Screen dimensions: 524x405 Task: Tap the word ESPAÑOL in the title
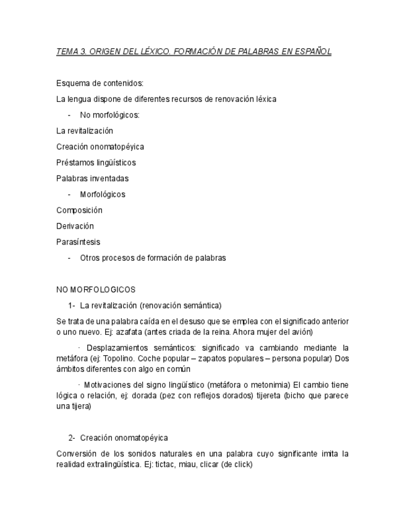(x=313, y=52)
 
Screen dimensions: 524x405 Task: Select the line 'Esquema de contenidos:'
(x=100, y=83)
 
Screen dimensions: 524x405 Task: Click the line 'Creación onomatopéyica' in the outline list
(x=100, y=147)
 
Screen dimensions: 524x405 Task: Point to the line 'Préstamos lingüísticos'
(x=96, y=163)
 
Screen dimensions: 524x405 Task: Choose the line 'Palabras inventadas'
(x=92, y=179)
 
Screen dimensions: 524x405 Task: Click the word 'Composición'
(x=79, y=210)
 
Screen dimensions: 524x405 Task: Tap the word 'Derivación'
(x=75, y=226)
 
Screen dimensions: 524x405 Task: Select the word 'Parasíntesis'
(x=78, y=242)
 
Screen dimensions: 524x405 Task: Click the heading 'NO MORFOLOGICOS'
(x=96, y=289)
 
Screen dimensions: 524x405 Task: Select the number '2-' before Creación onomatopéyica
(x=72, y=438)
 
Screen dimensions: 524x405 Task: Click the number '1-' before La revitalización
(x=72, y=305)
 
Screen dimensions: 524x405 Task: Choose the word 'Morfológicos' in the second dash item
(x=103, y=195)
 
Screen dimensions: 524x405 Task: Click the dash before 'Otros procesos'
(x=69, y=258)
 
